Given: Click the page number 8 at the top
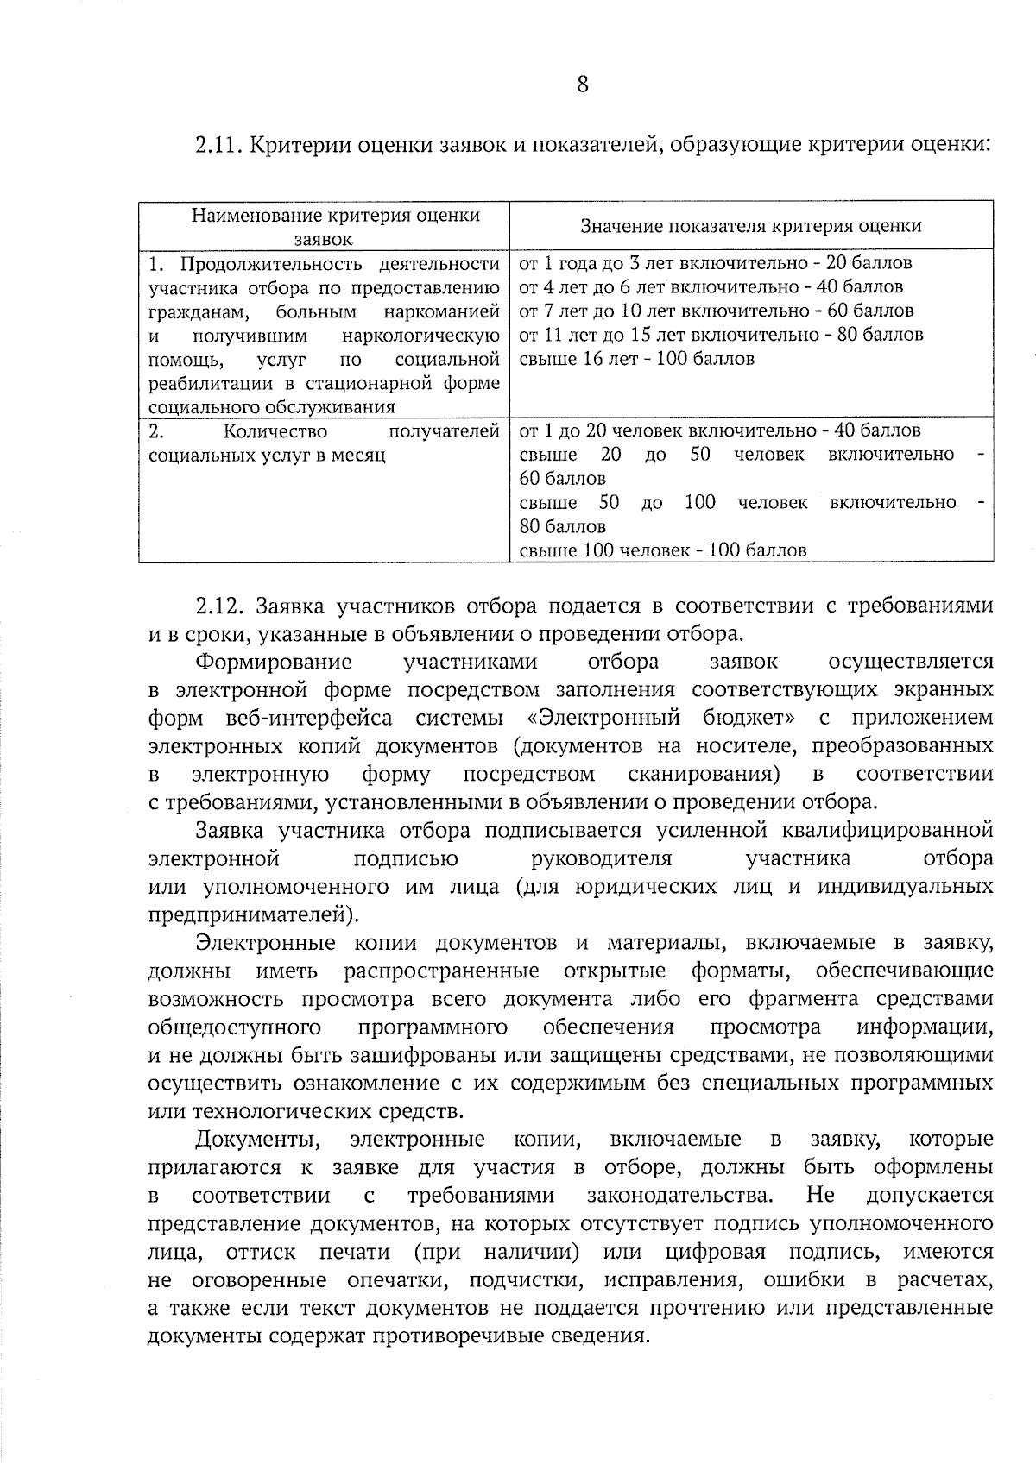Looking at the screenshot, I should pyautogui.click(x=582, y=85).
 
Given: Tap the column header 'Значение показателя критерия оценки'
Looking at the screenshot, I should pyautogui.click(x=750, y=226).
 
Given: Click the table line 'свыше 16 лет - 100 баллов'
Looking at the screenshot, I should pyautogui.click(x=636, y=359).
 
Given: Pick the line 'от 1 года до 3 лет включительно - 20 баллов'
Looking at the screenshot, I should pyautogui.click(x=715, y=263).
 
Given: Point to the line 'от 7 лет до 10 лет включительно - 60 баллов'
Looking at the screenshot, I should pyautogui.click(x=716, y=311).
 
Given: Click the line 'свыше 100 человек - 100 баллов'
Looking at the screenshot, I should pyautogui.click(x=663, y=550).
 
